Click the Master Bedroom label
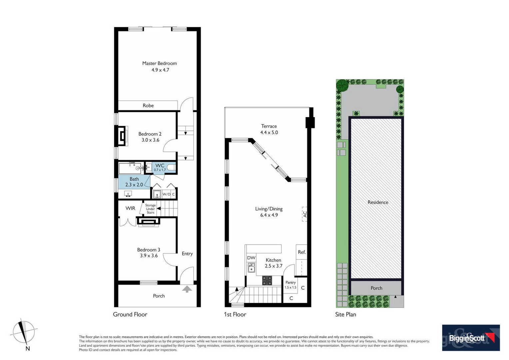(x=160, y=63)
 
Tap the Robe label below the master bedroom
(x=148, y=106)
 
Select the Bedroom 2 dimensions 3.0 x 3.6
(x=150, y=140)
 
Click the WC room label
(x=160, y=166)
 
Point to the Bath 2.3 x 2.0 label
(x=134, y=182)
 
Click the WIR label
(x=130, y=208)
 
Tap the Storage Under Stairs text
(x=150, y=209)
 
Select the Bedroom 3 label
(x=149, y=250)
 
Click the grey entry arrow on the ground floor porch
(x=187, y=289)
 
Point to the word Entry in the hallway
(x=187, y=254)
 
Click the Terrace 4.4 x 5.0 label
(x=269, y=129)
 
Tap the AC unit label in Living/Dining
(x=304, y=214)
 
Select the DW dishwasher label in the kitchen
(x=251, y=258)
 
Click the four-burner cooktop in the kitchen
(x=267, y=281)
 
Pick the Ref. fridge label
(x=302, y=252)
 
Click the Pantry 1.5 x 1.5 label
(x=290, y=285)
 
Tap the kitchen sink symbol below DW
(x=252, y=268)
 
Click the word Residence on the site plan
(x=378, y=202)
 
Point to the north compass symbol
(x=23, y=332)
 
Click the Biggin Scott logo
(x=471, y=338)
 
